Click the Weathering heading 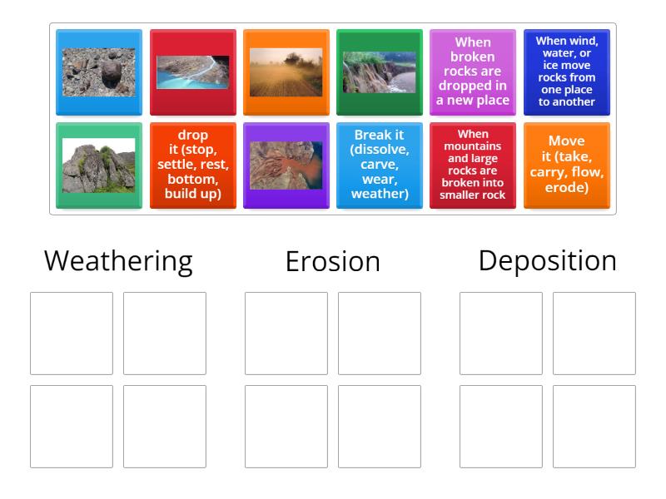(x=118, y=260)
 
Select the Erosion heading (x=332, y=261)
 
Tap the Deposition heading (x=547, y=260)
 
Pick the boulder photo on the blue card (x=98, y=72)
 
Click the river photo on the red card (x=192, y=72)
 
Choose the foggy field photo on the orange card (x=286, y=72)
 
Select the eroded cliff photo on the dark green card (x=379, y=72)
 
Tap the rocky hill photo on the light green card (x=98, y=166)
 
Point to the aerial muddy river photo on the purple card (x=286, y=166)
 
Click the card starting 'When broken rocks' (x=473, y=72)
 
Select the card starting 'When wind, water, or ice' (x=566, y=72)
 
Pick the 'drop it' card (x=192, y=166)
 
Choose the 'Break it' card (x=379, y=166)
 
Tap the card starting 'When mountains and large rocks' (x=473, y=166)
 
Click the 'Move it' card (x=566, y=166)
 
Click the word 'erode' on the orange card (x=566, y=188)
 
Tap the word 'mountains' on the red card (x=473, y=146)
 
